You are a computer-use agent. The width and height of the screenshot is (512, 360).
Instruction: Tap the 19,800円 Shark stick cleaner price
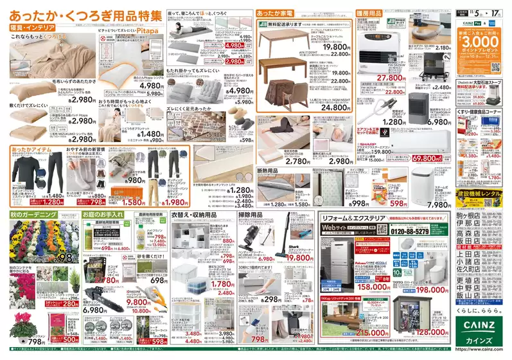point(300,257)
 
